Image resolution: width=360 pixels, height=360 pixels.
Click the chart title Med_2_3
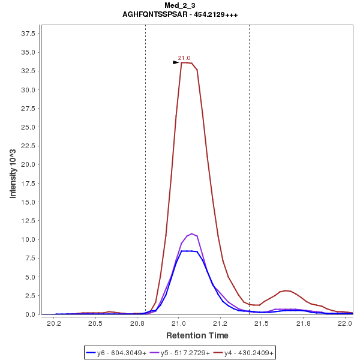[x=180, y=5]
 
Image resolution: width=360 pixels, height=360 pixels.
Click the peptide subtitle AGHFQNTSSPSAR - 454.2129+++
[x=180, y=14]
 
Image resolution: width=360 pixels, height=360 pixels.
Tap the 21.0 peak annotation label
[x=184, y=58]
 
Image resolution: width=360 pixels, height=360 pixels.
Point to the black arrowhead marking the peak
[x=176, y=62]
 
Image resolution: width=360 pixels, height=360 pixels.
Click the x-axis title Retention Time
[x=197, y=335]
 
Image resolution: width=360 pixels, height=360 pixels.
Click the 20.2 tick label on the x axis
[x=54, y=323]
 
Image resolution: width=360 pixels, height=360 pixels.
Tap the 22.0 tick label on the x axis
[x=344, y=323]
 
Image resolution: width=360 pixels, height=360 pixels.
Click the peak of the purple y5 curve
[x=192, y=233]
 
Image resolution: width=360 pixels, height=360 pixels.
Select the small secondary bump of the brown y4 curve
[x=287, y=290]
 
